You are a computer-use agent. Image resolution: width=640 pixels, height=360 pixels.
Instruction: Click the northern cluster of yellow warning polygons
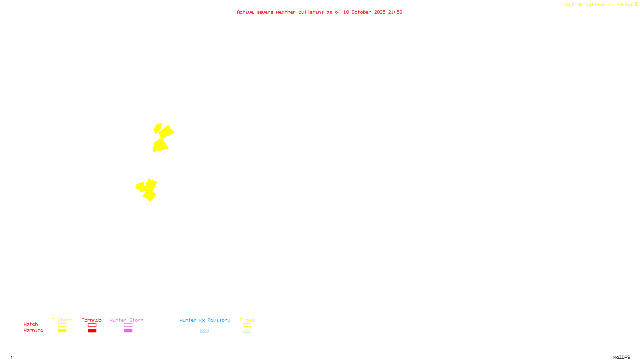coord(163,138)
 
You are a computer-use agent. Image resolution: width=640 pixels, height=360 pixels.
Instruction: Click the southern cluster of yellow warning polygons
coord(148,190)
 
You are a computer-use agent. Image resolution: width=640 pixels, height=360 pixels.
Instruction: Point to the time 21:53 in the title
coord(395,12)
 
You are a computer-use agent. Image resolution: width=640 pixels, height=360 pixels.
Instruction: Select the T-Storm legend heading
coord(62,320)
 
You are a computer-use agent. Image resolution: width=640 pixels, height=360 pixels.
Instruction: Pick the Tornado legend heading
coord(92,320)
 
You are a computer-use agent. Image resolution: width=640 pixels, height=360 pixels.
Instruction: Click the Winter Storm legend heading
coord(126,320)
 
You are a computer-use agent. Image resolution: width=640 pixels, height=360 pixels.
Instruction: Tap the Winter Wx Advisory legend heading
coord(205,320)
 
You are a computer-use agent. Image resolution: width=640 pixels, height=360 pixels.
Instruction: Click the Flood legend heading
coord(247,320)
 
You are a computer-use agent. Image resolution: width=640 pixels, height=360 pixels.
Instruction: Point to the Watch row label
coord(31,324)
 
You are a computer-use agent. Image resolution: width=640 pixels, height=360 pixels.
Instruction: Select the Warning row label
coord(34,330)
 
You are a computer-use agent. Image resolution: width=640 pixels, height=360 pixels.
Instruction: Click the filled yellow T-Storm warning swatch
coord(62,331)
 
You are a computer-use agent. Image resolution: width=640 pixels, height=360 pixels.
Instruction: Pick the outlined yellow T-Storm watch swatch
coord(62,325)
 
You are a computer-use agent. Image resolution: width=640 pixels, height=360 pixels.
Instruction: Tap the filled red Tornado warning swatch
coord(92,331)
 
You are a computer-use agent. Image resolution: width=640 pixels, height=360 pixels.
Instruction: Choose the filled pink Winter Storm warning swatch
coord(128,331)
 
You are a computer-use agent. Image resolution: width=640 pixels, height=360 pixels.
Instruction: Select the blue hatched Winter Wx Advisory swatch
coord(204,331)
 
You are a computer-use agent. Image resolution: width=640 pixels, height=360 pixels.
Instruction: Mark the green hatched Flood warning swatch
coord(247,331)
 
